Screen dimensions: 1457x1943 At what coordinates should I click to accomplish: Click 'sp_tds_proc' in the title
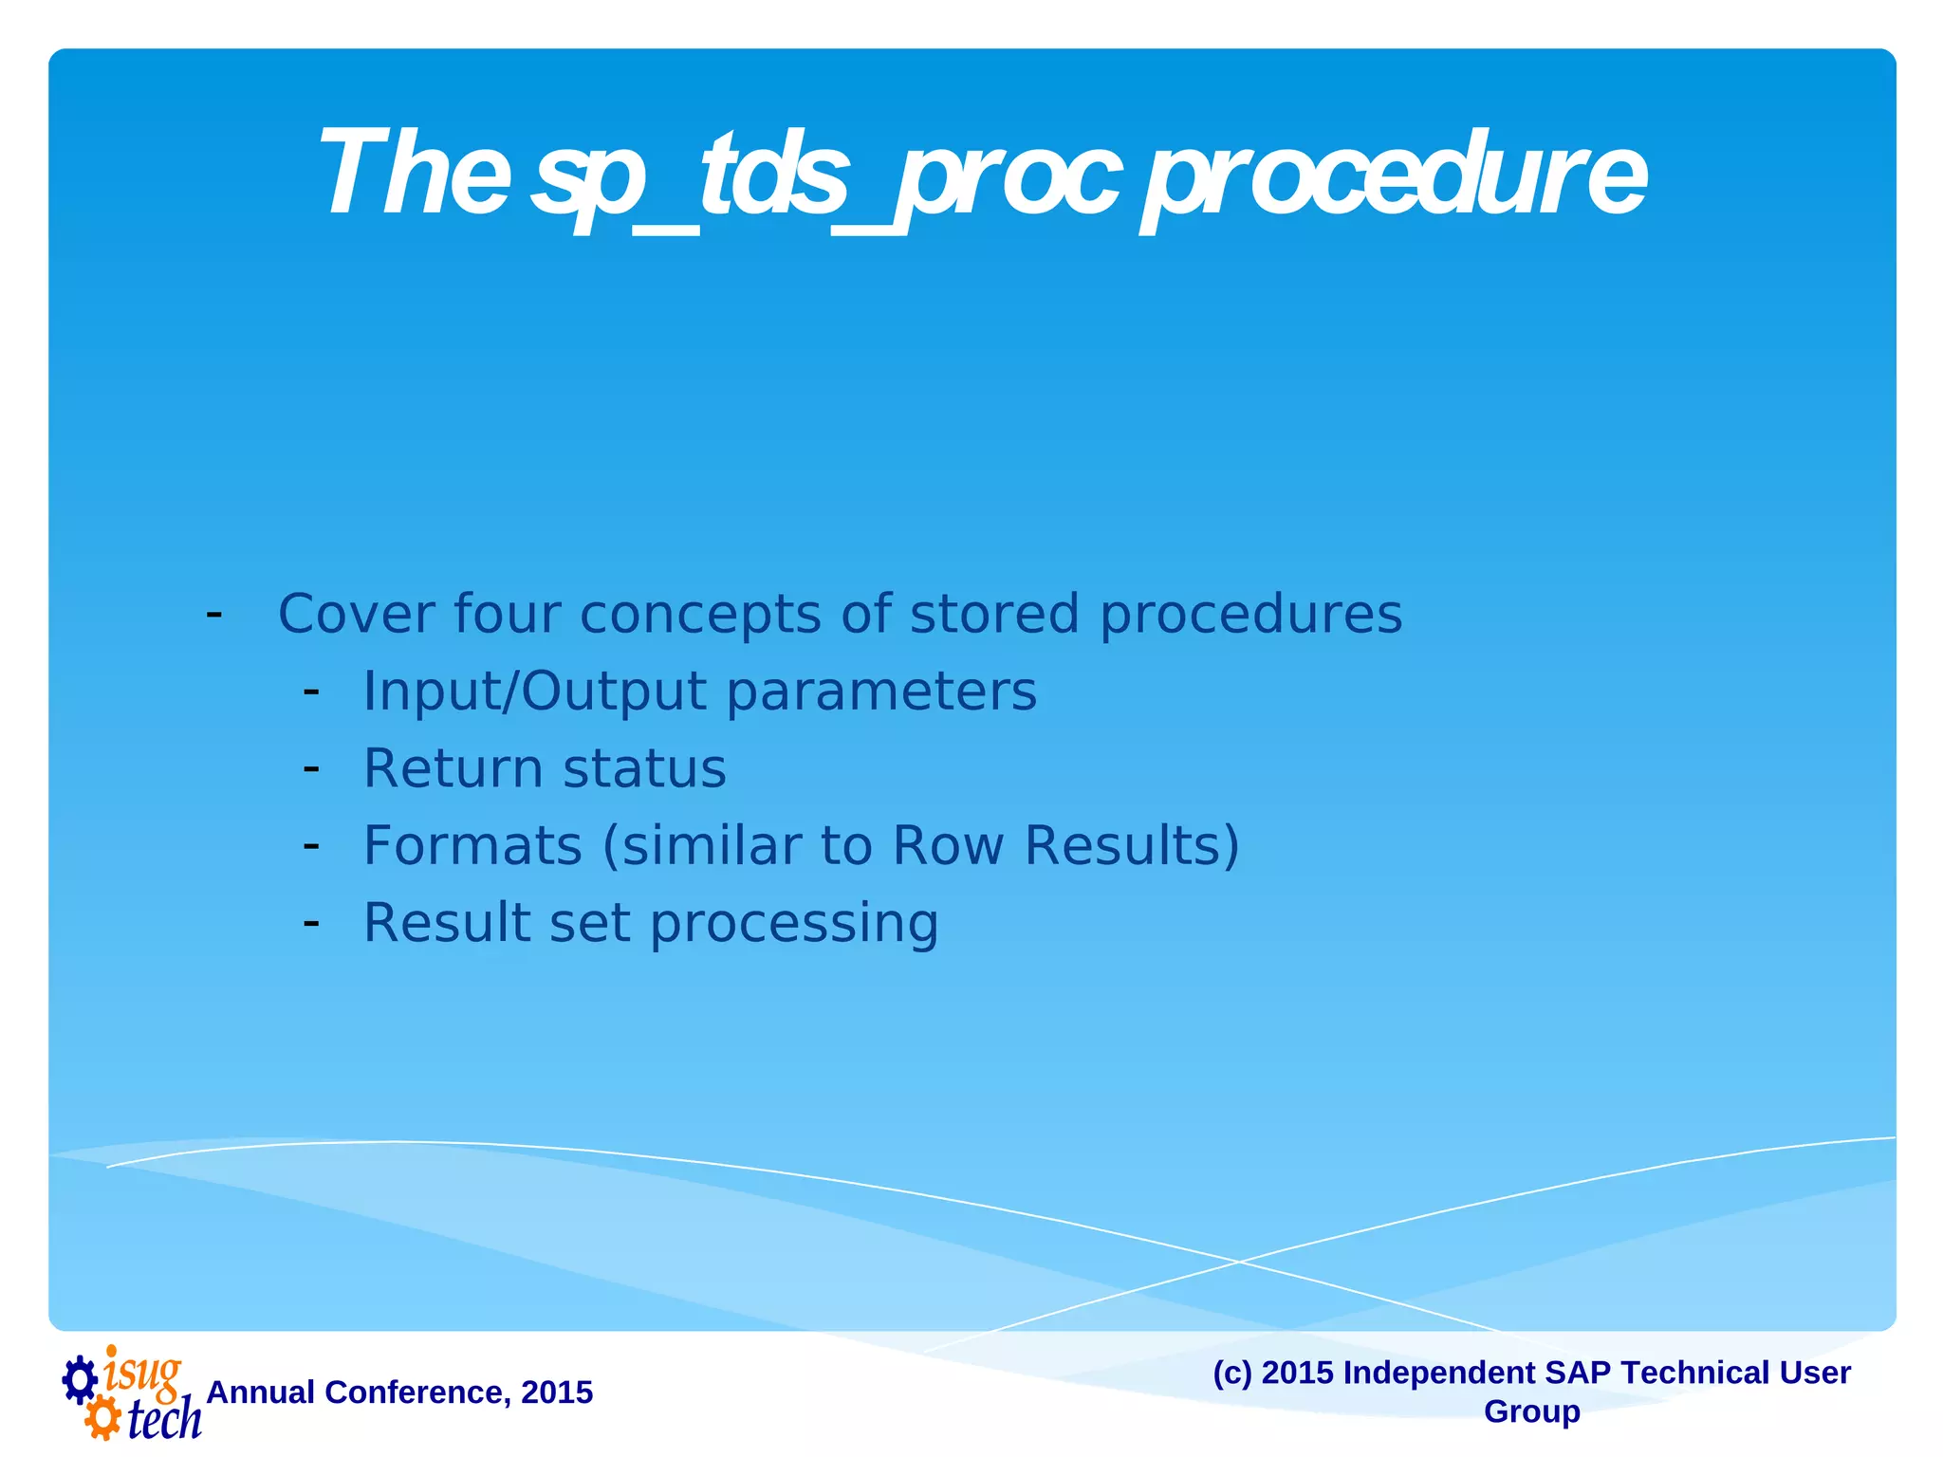[825, 176]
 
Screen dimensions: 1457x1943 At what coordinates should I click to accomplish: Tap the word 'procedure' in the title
[1395, 176]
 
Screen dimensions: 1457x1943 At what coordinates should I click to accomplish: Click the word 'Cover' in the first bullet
[355, 614]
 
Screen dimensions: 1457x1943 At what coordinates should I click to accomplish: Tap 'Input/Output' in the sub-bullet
[534, 692]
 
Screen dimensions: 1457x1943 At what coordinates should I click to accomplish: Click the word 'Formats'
[472, 845]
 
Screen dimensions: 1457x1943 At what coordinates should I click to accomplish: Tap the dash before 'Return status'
[310, 766]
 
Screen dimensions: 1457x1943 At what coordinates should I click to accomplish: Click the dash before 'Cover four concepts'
[214, 613]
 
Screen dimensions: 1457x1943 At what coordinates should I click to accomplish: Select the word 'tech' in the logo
[164, 1419]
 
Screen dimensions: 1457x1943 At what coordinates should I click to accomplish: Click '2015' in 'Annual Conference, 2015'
[557, 1392]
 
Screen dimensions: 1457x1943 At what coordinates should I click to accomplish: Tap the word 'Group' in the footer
[1531, 1411]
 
